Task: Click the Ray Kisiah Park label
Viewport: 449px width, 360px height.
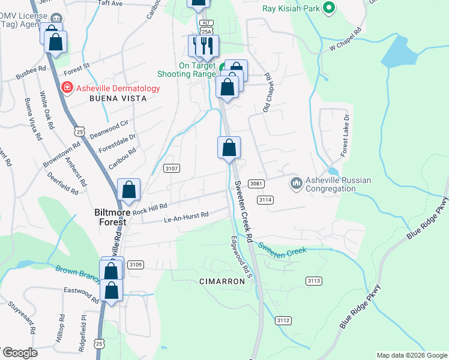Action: pyautogui.click(x=291, y=9)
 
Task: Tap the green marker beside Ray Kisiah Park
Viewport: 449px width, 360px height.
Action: pyautogui.click(x=328, y=8)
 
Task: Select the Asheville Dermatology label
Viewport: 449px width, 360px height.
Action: pyautogui.click(x=118, y=88)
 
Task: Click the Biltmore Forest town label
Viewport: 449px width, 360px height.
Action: pyautogui.click(x=111, y=217)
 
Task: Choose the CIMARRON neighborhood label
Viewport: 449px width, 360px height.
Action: pyautogui.click(x=222, y=281)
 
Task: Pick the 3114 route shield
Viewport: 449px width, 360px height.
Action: pyautogui.click(x=265, y=199)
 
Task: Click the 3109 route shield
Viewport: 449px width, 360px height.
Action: pyautogui.click(x=136, y=265)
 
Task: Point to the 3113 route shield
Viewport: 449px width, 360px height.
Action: pyautogui.click(x=313, y=281)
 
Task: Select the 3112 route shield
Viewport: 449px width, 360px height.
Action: pyautogui.click(x=283, y=321)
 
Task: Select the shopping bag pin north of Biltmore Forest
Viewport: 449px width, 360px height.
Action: pyautogui.click(x=129, y=190)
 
